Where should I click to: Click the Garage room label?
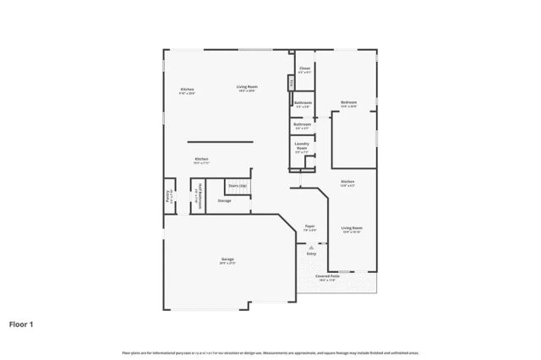(227, 259)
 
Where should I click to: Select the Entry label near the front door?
(311, 253)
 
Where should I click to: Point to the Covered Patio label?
(328, 275)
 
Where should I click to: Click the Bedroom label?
(348, 103)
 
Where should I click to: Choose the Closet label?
(304, 68)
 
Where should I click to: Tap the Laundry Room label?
(302, 145)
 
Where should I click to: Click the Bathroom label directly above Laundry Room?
(302, 124)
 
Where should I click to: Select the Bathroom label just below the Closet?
(303, 103)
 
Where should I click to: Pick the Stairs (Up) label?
(238, 185)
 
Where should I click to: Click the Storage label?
(224, 200)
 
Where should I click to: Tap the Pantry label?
(168, 195)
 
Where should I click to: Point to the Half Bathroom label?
(199, 193)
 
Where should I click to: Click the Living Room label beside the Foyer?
(352, 228)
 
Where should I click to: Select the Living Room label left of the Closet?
(247, 87)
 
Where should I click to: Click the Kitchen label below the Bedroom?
(347, 182)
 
